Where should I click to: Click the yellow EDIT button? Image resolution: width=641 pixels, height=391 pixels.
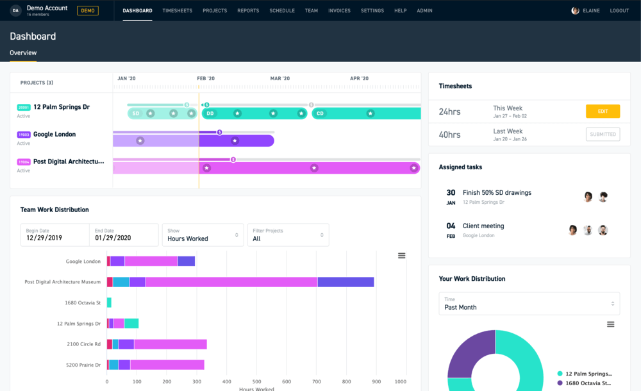pos(603,112)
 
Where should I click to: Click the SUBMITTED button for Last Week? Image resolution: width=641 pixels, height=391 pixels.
pos(603,135)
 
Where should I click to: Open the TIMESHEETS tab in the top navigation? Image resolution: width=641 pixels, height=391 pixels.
pos(178,11)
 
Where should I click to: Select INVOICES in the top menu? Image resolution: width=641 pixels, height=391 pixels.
pos(339,11)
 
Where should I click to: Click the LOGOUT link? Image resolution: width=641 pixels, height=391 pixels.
pos(619,11)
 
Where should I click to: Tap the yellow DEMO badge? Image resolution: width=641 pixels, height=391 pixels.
pos(88,11)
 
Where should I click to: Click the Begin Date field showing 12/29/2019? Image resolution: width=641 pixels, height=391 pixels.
pos(54,235)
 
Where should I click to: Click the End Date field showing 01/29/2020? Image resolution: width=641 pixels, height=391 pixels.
pos(124,235)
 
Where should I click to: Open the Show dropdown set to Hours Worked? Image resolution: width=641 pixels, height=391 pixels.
pos(203,235)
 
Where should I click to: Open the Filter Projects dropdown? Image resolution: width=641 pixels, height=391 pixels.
pos(288,235)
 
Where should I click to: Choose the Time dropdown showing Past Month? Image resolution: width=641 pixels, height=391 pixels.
pos(529,304)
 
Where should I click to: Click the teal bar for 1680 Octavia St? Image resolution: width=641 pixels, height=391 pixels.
pos(109,303)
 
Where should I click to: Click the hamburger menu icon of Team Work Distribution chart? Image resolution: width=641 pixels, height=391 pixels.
pos(402,256)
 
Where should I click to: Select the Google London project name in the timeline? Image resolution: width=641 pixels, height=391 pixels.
pos(54,135)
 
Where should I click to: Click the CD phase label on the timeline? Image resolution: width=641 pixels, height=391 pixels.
pos(320,113)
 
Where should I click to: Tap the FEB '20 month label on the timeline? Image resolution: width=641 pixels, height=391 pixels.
pos(206,79)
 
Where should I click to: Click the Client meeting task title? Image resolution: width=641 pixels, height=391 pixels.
pos(483,226)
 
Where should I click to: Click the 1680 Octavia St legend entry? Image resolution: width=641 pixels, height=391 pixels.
pos(588,383)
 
